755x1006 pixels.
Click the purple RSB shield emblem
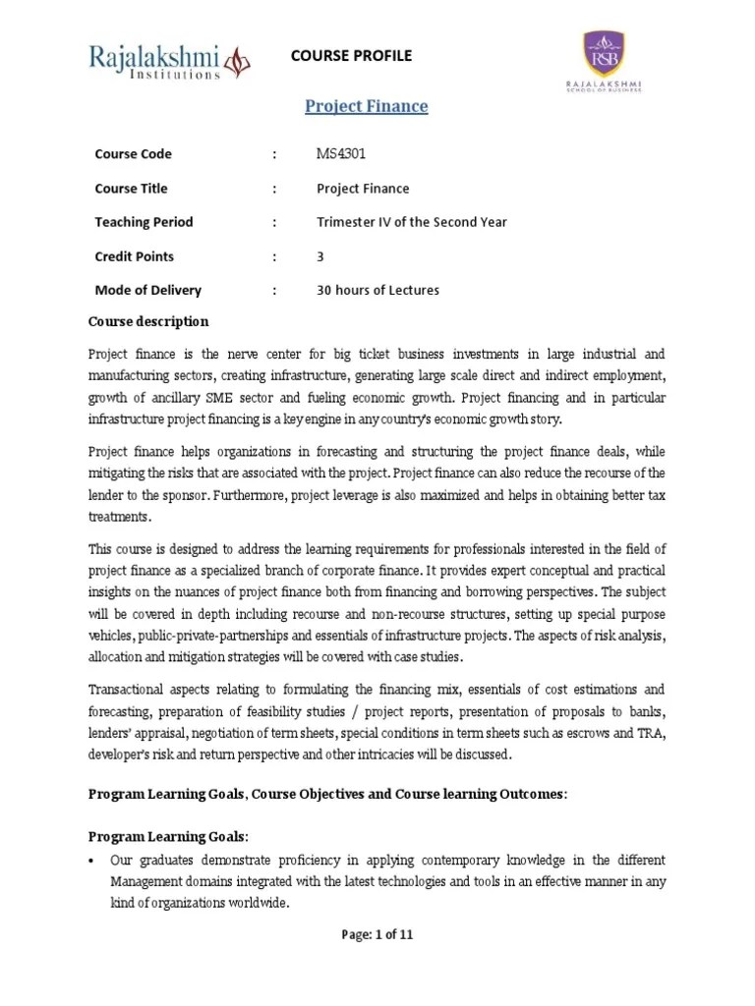[x=604, y=53]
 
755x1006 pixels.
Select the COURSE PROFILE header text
[x=351, y=56]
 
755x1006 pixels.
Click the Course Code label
[x=133, y=154]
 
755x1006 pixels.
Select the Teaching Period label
[x=144, y=222]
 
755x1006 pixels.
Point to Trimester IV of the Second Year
[x=411, y=222]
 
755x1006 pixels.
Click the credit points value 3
[x=320, y=256]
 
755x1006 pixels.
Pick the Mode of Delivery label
[x=147, y=290]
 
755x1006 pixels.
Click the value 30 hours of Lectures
[x=377, y=290]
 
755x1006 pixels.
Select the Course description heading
[x=148, y=321]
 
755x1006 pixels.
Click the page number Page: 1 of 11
[x=377, y=935]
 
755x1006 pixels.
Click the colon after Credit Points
[x=274, y=256]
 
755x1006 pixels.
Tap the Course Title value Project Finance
[x=363, y=189]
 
